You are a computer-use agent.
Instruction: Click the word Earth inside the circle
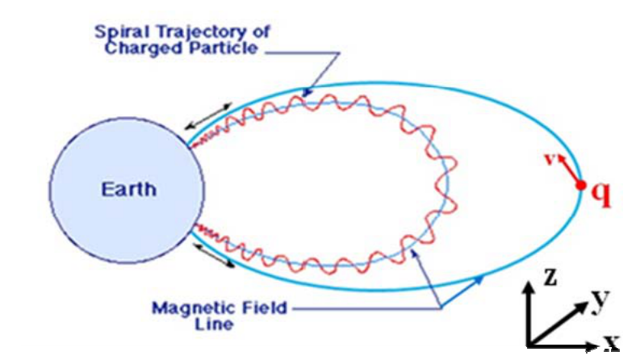(128, 190)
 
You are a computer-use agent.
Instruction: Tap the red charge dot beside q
(581, 186)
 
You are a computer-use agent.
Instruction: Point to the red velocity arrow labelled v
(571, 170)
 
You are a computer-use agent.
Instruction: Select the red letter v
(550, 158)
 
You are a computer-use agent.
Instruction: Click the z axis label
(550, 277)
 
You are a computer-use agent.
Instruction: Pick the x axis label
(611, 342)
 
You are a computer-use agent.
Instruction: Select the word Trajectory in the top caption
(212, 32)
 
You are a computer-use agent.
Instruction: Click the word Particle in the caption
(224, 48)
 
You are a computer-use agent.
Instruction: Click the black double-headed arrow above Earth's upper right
(208, 116)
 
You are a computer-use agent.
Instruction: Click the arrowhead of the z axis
(529, 287)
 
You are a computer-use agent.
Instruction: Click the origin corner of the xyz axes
(529, 346)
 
